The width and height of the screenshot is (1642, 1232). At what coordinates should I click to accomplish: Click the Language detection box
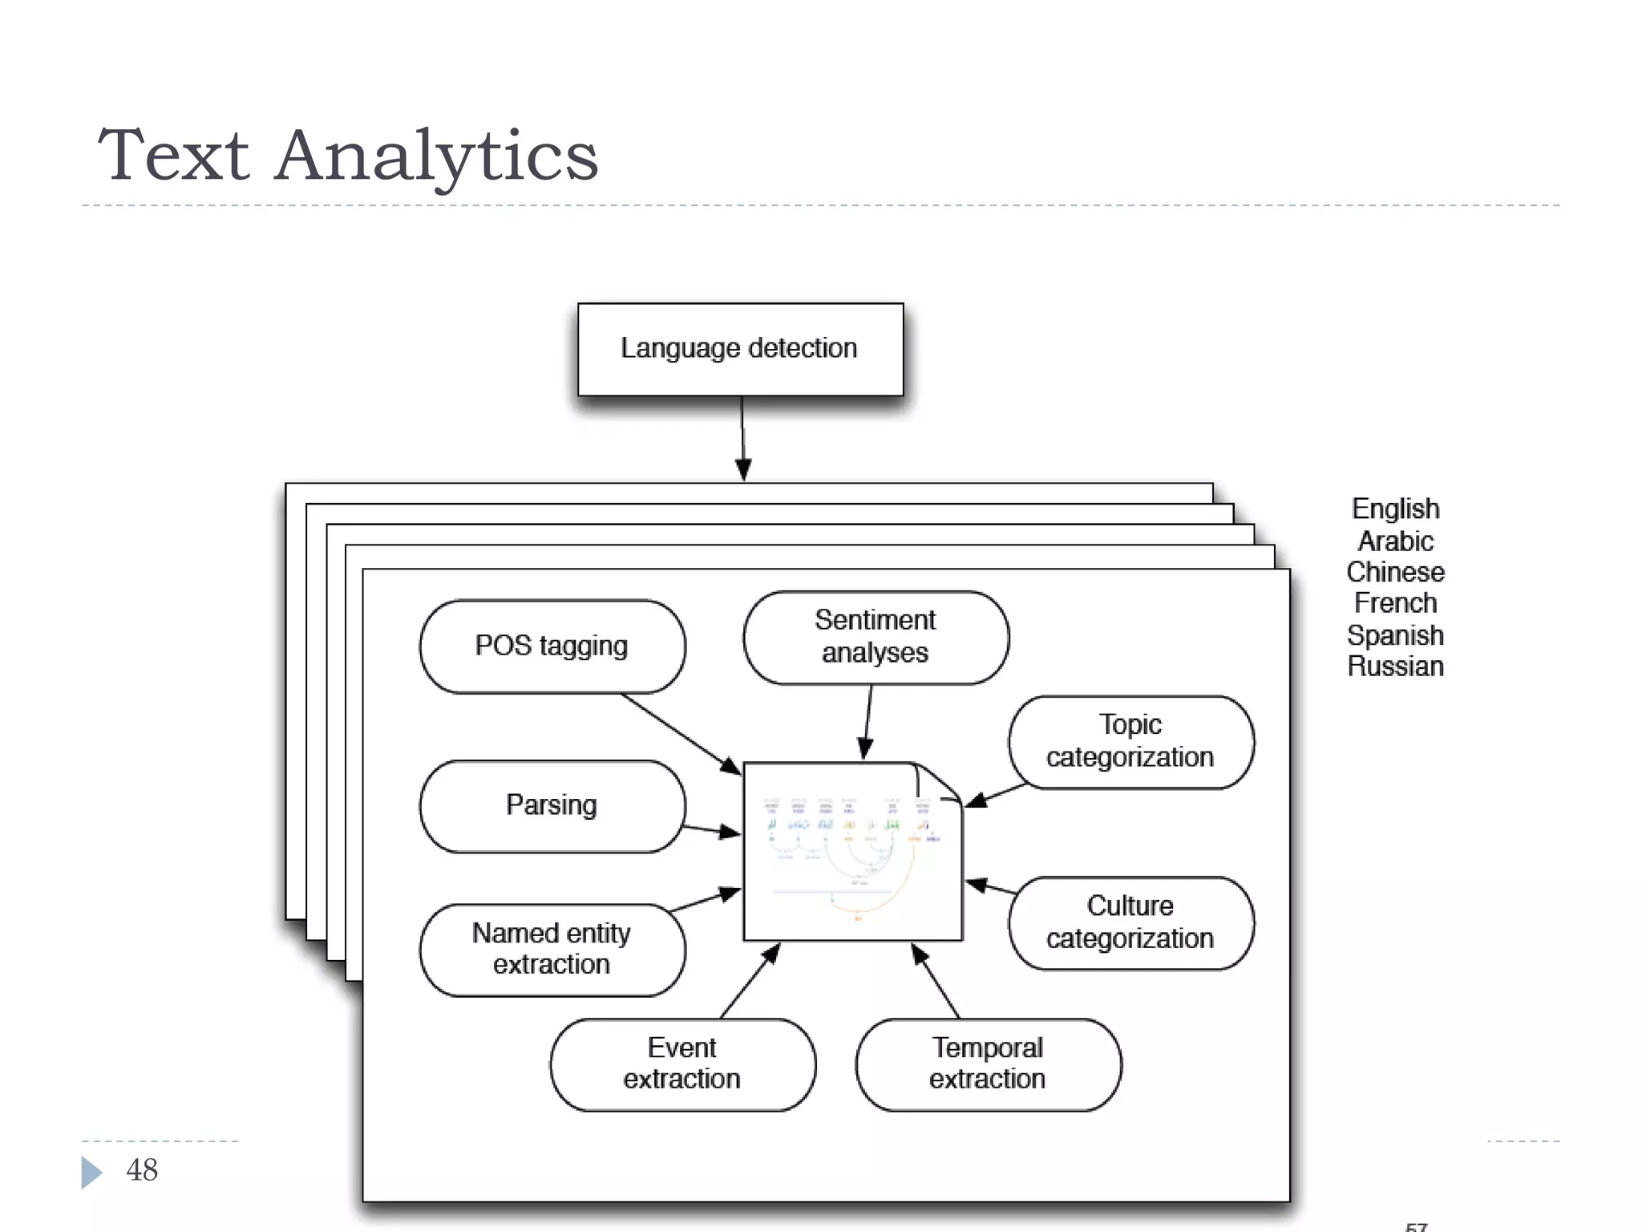pos(740,349)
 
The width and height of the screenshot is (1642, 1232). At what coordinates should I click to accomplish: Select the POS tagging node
pos(552,646)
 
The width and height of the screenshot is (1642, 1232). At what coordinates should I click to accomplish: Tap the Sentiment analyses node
pos(875,637)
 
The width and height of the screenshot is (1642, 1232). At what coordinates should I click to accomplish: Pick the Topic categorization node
pos(1130,741)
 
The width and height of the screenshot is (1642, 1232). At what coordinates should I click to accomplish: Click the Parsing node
pos(552,805)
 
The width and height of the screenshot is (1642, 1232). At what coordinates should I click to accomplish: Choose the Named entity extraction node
pos(552,949)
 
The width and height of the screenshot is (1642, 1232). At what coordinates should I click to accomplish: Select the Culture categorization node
pos(1130,922)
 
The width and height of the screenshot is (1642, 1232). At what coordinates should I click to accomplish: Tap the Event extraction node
pos(682,1064)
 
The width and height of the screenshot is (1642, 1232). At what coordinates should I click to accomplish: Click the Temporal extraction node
pos(988,1064)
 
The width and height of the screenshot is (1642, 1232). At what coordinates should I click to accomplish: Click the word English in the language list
pos(1395,509)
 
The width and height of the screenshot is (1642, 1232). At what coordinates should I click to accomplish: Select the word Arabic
pos(1395,541)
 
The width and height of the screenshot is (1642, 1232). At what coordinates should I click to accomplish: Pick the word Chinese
pos(1395,573)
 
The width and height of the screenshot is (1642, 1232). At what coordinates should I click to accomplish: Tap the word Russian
pos(1395,667)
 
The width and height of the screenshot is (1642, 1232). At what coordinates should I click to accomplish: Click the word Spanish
pos(1395,635)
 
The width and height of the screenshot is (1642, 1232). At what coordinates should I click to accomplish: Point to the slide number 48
pos(142,1170)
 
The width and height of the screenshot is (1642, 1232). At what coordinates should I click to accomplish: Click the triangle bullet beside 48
pos(91,1172)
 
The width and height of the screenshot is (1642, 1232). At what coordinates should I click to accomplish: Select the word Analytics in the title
pos(437,156)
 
